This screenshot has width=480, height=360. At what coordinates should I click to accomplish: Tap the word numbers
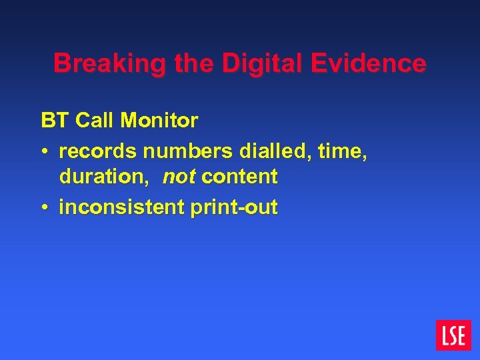(181, 152)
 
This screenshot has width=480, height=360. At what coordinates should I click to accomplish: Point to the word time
(343, 151)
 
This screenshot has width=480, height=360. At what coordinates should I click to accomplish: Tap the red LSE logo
(453, 335)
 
